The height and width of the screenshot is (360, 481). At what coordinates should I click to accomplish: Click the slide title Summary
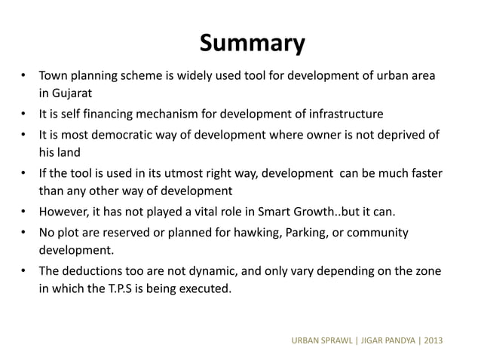[x=252, y=43]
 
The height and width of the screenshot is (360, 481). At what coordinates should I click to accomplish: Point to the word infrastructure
[x=344, y=114]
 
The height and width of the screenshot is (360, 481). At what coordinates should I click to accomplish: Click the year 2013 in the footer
[x=433, y=340]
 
